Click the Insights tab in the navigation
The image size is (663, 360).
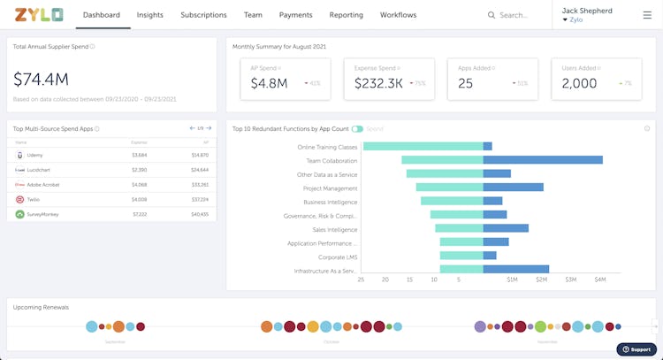[150, 15]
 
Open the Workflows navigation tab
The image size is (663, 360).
[398, 15]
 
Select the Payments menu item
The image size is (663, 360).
[295, 15]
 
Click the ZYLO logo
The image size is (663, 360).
[39, 15]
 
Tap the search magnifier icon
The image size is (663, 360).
[492, 15]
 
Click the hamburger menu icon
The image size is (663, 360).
[646, 15]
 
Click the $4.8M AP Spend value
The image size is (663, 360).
[269, 83]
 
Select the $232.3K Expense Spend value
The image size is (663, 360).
[378, 83]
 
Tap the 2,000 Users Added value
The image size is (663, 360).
[579, 83]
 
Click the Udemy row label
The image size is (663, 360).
[35, 155]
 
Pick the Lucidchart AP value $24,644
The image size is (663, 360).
[199, 169]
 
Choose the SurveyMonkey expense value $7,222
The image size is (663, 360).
[139, 214]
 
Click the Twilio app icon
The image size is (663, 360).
[19, 199]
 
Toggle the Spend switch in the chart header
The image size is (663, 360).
[357, 129]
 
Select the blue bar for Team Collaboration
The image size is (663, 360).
[543, 160]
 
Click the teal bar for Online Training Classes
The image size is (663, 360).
[423, 147]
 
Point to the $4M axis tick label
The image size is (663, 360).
[600, 280]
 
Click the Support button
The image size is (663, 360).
[636, 349]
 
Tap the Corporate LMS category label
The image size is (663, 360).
[339, 257]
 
